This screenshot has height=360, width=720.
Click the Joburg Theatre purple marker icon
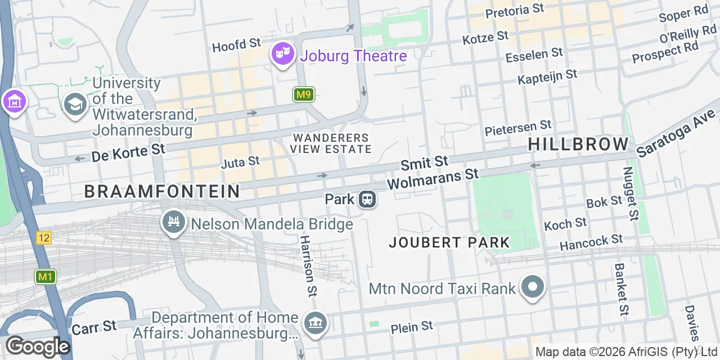pos(283,55)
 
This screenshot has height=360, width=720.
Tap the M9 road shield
pos(304,94)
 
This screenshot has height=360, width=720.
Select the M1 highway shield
pos(45,277)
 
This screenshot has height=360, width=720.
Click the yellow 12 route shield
pos(44,238)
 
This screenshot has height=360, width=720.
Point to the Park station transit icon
pos(367,199)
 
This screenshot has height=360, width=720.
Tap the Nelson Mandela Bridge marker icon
pos(174,223)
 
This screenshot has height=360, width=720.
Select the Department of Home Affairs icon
pos(316,323)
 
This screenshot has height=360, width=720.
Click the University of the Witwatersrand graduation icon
pos(75,104)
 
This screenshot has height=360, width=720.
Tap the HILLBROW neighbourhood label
pos(578,144)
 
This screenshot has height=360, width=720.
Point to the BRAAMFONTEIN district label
pos(162,192)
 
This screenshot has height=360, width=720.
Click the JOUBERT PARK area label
pos(449,242)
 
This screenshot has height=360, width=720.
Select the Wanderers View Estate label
pos(331,143)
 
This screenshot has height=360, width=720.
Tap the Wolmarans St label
pos(433,179)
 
